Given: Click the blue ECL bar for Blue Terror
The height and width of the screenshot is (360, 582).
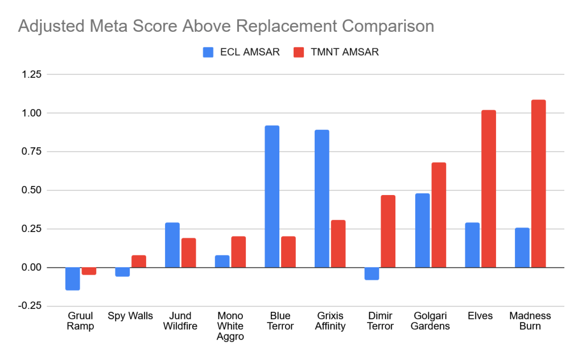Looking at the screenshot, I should pos(272,196).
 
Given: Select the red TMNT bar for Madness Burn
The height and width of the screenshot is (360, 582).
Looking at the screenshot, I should pos(538,184).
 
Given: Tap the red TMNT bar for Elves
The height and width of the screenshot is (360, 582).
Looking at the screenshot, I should pos(488,189).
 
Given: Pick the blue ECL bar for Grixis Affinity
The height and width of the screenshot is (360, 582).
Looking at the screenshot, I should pos(322,198).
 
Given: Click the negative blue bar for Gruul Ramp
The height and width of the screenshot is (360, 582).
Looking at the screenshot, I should pos(72,279).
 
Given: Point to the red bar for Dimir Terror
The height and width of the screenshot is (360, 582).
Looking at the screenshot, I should pos(388,231).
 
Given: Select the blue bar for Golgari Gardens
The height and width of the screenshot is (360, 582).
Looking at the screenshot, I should pos(422,230).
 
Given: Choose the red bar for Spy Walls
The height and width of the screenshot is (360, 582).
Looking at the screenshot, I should pos(139,261).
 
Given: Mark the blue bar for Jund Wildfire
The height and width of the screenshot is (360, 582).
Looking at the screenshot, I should pos(172,245).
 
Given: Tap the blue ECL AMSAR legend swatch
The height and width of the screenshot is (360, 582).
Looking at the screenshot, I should pos(208,52).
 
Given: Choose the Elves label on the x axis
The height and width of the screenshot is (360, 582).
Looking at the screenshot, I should pos(480,316).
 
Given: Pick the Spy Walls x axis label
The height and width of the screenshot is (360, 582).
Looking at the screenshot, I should pos(130,316).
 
